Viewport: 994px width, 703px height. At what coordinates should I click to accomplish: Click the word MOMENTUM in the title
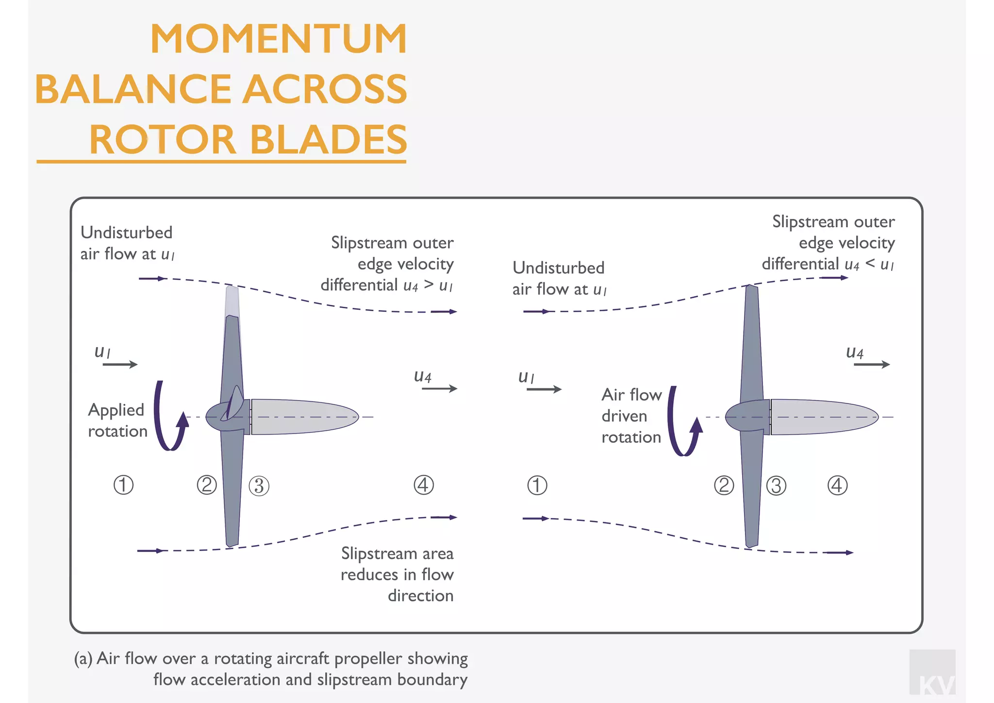[279, 39]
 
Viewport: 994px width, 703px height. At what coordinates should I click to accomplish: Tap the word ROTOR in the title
[163, 140]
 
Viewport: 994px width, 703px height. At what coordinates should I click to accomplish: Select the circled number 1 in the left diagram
[123, 485]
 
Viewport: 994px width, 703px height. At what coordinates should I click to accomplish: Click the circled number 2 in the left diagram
[207, 485]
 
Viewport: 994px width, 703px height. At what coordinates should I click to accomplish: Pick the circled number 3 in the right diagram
[776, 485]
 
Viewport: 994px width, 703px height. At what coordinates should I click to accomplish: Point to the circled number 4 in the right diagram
[837, 485]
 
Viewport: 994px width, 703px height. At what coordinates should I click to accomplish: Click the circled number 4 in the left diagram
[423, 485]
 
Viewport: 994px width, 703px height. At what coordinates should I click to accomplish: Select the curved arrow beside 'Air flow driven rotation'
[682, 422]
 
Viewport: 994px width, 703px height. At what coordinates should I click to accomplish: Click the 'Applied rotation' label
[117, 420]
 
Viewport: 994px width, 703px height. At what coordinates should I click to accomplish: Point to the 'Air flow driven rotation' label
[631, 416]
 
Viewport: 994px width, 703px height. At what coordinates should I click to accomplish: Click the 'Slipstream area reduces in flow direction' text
[397, 574]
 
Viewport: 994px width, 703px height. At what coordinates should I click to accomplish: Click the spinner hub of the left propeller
[221, 417]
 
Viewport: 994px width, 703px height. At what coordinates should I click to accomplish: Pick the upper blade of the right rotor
[751, 340]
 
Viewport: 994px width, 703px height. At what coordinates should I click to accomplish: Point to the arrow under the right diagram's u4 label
[872, 364]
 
